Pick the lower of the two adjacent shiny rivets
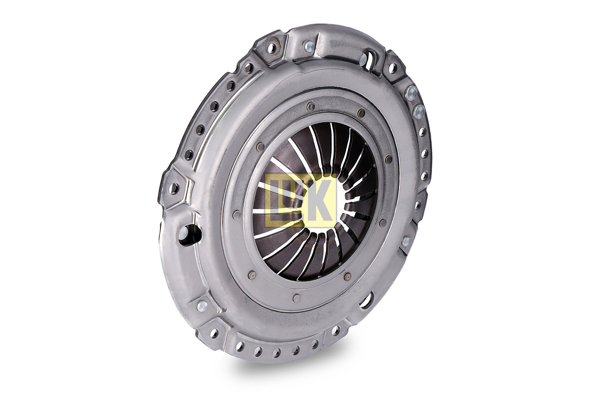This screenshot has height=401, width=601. tap(419, 112)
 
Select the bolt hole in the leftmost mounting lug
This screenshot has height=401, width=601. tap(174, 188)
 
